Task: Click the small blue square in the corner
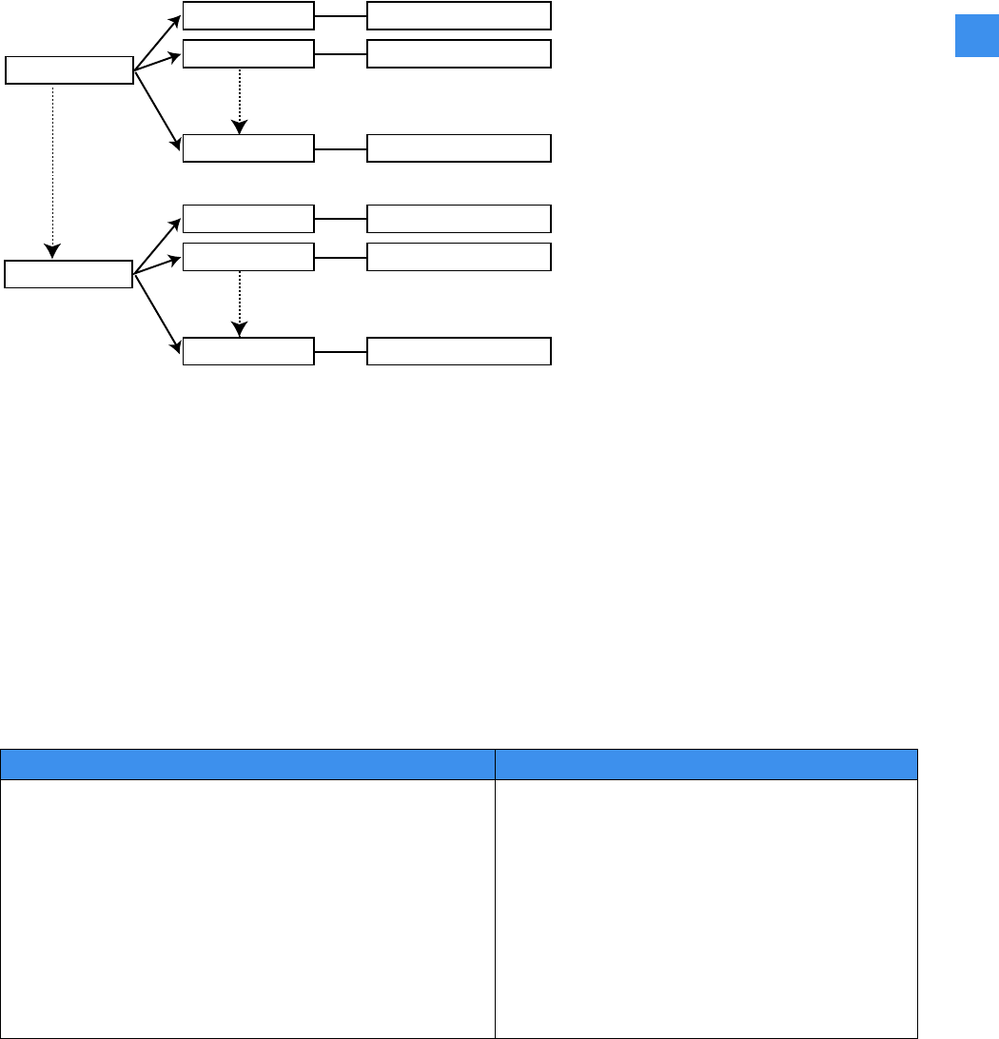976,36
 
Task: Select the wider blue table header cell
247,765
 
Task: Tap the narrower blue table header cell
706,765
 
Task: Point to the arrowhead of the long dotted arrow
52,252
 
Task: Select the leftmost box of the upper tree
69,70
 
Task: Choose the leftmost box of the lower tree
68,274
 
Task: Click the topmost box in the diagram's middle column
247,16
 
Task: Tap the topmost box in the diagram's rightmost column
459,16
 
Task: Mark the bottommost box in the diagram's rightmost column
459,351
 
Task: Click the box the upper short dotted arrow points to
247,148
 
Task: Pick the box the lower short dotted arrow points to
247,351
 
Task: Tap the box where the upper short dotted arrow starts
247,54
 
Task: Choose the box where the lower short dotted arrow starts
247,257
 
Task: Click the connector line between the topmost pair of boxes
341,16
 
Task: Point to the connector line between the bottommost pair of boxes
341,351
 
